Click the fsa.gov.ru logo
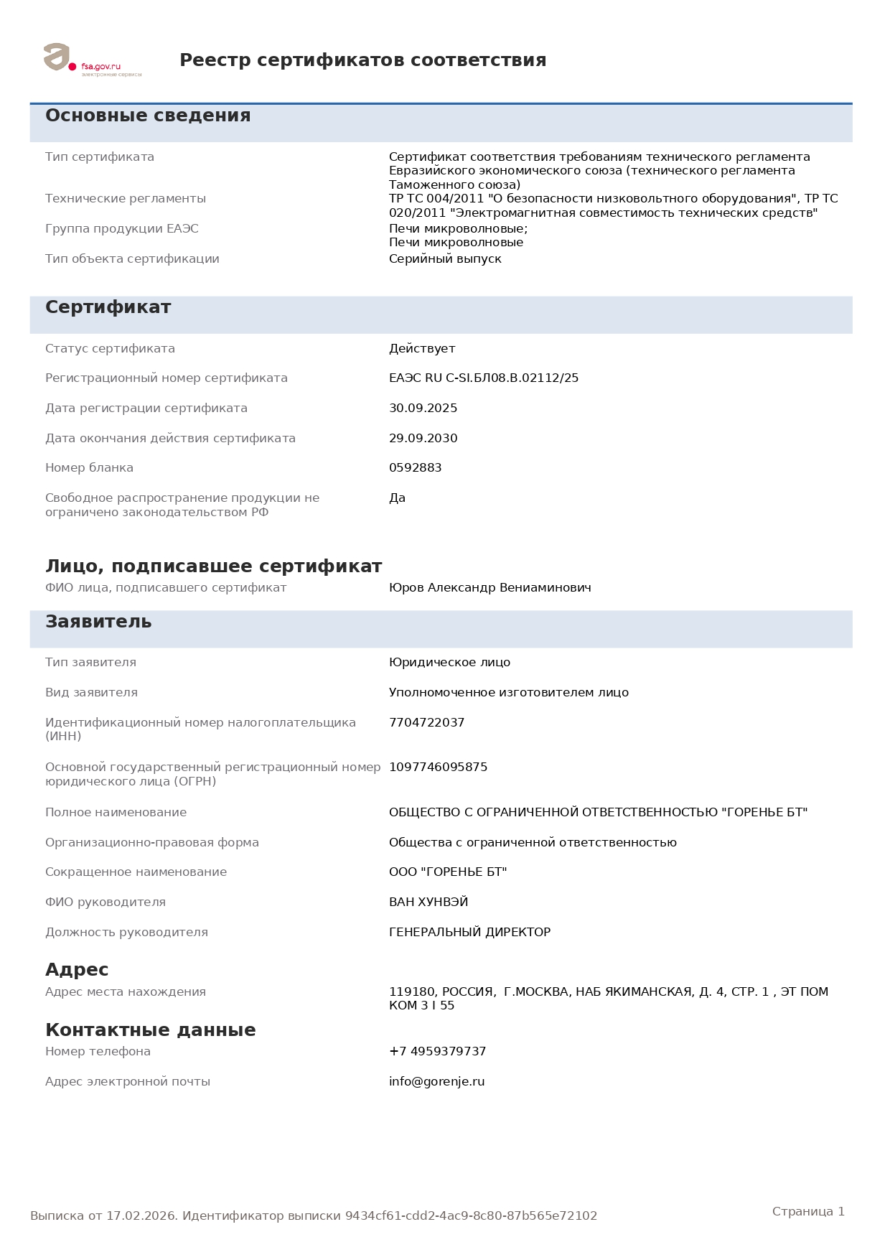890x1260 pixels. click(x=92, y=60)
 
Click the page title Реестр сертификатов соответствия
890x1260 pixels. click(x=362, y=60)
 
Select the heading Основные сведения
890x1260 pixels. click(x=148, y=116)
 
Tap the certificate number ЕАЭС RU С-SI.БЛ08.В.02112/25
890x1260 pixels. click(x=483, y=378)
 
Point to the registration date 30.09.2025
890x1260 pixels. click(x=423, y=409)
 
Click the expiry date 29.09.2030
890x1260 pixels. click(x=423, y=439)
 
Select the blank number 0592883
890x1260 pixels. click(x=415, y=468)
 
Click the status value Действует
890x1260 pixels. click(x=422, y=349)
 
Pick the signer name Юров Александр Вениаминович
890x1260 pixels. click(x=489, y=588)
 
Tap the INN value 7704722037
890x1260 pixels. click(x=426, y=723)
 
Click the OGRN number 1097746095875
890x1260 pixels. click(x=438, y=767)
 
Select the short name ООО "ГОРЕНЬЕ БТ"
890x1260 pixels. click(x=448, y=872)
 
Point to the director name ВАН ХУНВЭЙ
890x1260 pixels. click(x=428, y=902)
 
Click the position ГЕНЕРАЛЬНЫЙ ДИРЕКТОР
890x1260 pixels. click(x=469, y=933)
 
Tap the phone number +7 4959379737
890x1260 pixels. click(x=437, y=1052)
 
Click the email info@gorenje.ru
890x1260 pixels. click(x=436, y=1082)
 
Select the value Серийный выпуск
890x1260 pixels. click(x=445, y=259)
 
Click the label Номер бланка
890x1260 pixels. click(x=89, y=468)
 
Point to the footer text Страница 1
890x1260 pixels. click(x=808, y=1212)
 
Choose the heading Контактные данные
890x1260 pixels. click(x=150, y=1030)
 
